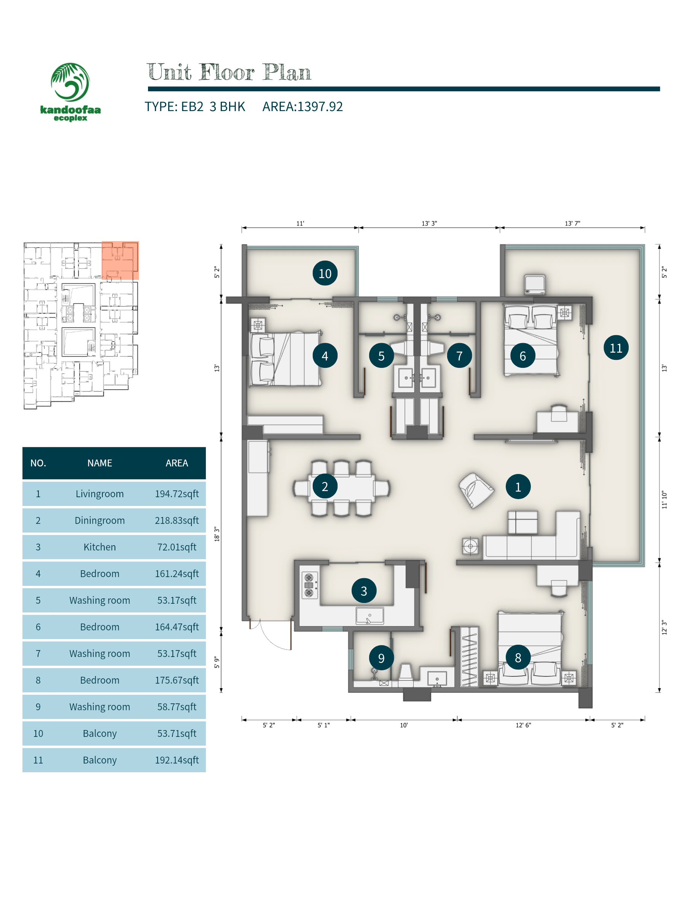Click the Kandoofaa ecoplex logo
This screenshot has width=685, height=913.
(x=70, y=92)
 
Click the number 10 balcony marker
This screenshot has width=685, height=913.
(x=325, y=273)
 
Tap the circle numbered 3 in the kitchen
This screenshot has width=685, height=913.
(x=364, y=591)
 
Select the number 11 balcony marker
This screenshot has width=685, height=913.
(x=616, y=348)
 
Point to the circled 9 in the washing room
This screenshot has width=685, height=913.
(x=381, y=657)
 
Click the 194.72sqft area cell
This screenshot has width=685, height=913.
(x=177, y=494)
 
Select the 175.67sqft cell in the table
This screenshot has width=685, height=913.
(x=177, y=680)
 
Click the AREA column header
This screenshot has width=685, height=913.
(x=177, y=463)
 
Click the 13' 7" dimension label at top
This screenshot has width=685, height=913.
(x=572, y=223)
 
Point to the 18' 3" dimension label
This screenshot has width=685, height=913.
(x=217, y=534)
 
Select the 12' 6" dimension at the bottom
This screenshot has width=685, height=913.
(x=523, y=725)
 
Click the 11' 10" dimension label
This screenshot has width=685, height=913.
(x=664, y=499)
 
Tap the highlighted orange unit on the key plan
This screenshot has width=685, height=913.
(x=120, y=261)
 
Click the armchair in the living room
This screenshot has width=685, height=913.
(x=476, y=490)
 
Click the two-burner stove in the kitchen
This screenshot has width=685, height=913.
(x=309, y=585)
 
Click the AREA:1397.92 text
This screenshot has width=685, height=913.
(x=302, y=107)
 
